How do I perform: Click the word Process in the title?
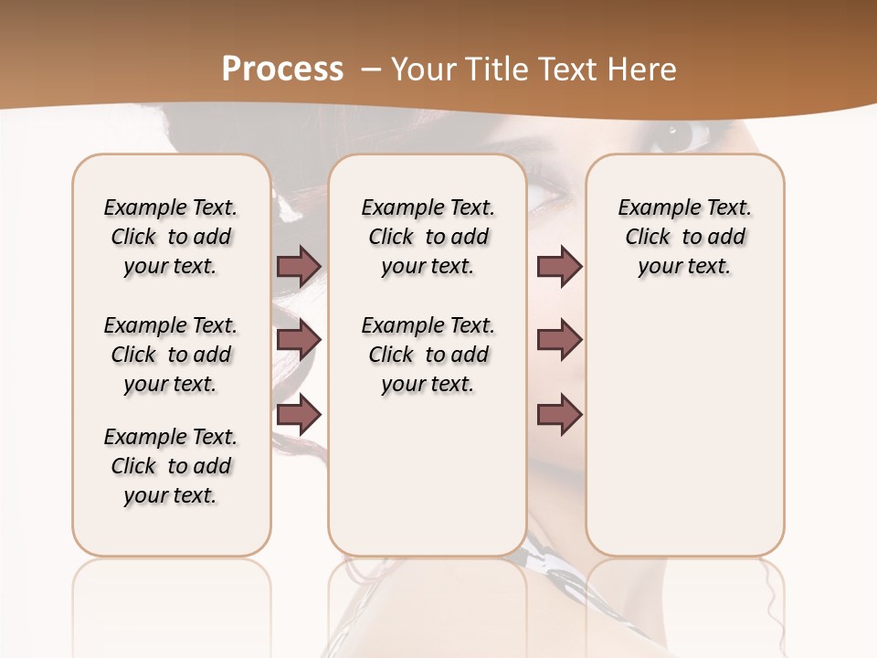pyautogui.click(x=282, y=69)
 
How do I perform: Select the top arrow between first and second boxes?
pyautogui.click(x=299, y=266)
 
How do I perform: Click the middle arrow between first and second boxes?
pyautogui.click(x=299, y=341)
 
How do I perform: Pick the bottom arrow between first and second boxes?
pyautogui.click(x=299, y=415)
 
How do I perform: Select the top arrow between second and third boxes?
pyautogui.click(x=559, y=266)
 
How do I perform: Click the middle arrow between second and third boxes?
pyautogui.click(x=559, y=341)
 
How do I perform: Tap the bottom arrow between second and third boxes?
pyautogui.click(x=559, y=415)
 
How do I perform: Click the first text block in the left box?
pyautogui.click(x=171, y=237)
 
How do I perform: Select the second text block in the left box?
pyautogui.click(x=171, y=355)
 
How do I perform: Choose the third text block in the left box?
pyautogui.click(x=171, y=466)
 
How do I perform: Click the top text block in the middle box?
pyautogui.click(x=428, y=237)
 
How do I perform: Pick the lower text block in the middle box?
pyautogui.click(x=428, y=355)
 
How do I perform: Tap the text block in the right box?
pyautogui.click(x=685, y=237)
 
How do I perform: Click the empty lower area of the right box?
pyautogui.click(x=685, y=439)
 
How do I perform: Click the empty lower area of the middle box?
pyautogui.click(x=428, y=475)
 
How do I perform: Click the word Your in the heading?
pyautogui.click(x=422, y=69)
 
